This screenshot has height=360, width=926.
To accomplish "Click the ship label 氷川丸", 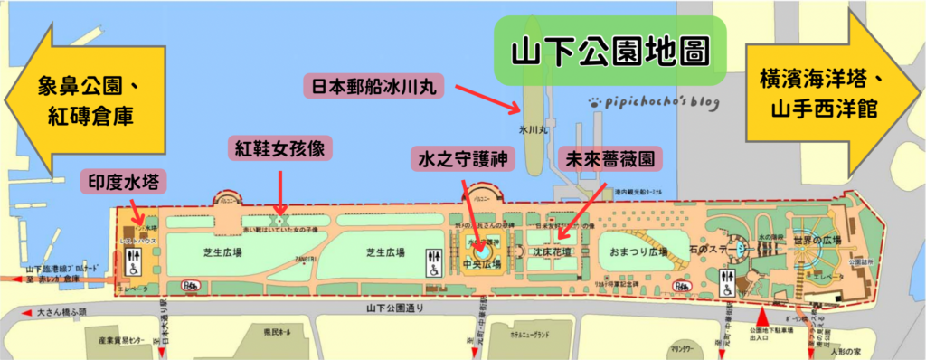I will coord(533,131).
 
